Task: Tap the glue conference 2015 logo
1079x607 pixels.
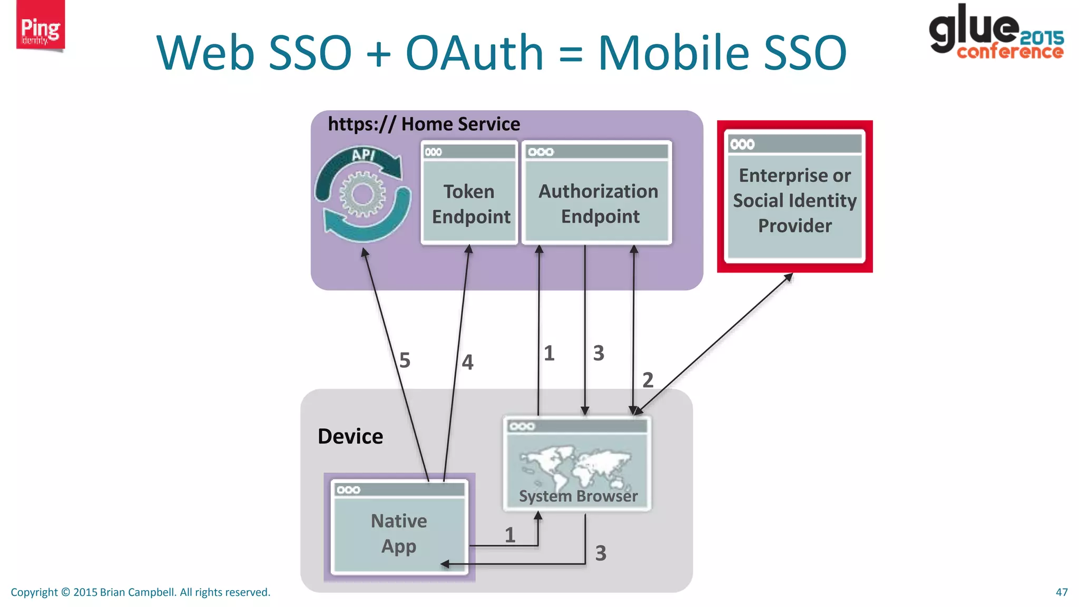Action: [996, 32]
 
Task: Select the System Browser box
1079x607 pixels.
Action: [577, 464]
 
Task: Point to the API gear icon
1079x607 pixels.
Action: [363, 194]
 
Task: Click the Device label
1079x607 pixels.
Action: [350, 436]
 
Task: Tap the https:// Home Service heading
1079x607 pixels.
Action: [424, 124]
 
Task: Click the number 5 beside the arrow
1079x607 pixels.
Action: [405, 360]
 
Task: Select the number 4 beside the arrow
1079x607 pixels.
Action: [467, 362]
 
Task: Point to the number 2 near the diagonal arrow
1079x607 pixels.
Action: [648, 380]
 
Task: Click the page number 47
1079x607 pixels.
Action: [1062, 592]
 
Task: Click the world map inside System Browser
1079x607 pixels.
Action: [576, 466]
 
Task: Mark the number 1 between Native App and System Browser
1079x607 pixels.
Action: [509, 535]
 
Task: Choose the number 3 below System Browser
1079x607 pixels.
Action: [601, 553]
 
